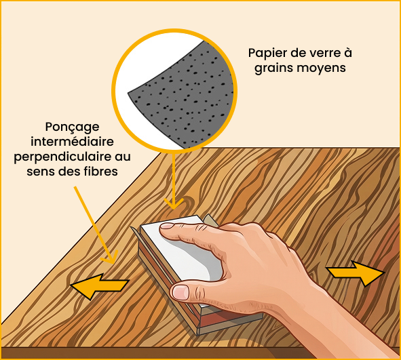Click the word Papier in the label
[267, 53]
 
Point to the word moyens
[324, 69]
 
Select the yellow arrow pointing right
[355, 273]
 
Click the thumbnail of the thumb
[181, 292]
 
